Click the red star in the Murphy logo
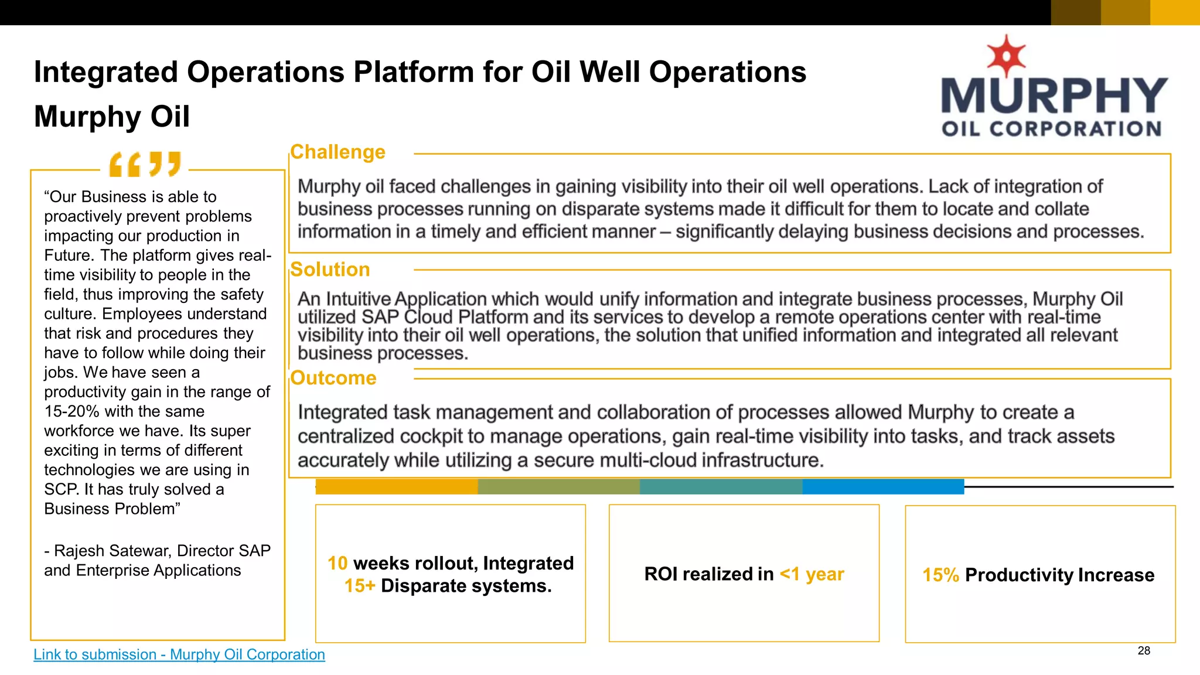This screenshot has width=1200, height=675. pos(1006,56)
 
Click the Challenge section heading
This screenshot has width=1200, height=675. pos(337,152)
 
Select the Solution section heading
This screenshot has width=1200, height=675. pos(330,270)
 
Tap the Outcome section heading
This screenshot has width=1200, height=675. pos(333,378)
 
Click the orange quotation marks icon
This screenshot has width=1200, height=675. pos(145,164)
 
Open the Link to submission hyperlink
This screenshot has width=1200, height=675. pos(179,654)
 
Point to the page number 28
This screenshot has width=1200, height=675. pos(1144,651)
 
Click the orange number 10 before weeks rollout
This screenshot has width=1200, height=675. pos(337,563)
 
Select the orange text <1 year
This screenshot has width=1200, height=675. pos(812,574)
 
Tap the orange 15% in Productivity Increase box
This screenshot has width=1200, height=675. pos(940,575)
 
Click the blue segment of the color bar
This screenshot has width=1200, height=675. pos(883,486)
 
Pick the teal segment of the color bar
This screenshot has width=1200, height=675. pos(721,486)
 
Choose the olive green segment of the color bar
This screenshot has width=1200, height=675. pos(558,486)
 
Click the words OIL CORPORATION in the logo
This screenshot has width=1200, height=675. pos(1051,129)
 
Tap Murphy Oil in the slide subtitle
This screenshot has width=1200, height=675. pos(112,116)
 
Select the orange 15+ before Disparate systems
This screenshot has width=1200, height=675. pos(359,586)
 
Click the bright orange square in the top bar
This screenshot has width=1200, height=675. pos(1175,12)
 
